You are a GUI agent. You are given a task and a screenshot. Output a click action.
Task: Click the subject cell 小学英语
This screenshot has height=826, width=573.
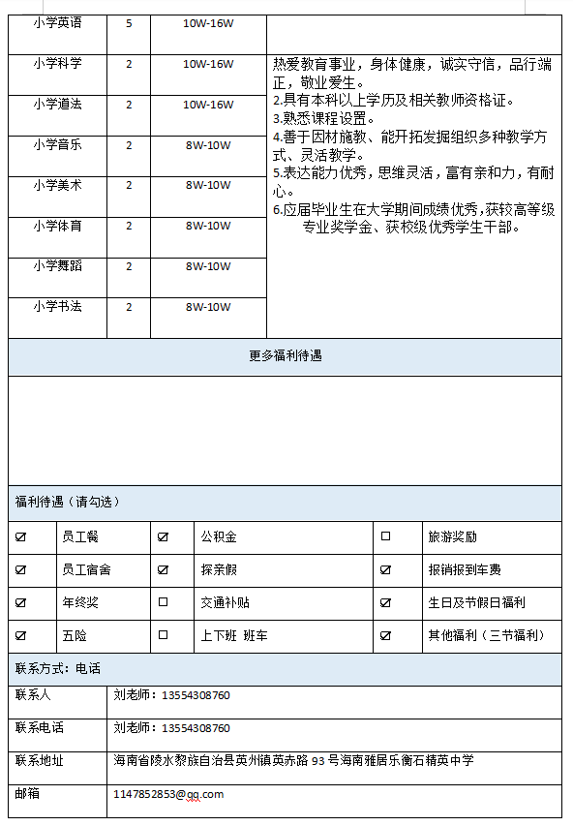point(57,22)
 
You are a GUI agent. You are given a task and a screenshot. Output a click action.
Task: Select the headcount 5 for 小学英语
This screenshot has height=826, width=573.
point(129,22)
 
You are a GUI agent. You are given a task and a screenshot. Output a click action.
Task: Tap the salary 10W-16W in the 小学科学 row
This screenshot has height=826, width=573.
point(208,64)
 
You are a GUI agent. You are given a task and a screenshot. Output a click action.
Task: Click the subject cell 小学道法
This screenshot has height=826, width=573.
point(57,105)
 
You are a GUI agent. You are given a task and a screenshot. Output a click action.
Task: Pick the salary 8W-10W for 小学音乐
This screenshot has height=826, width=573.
point(208,145)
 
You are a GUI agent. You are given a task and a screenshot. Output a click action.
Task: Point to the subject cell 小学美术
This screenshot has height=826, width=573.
point(57,185)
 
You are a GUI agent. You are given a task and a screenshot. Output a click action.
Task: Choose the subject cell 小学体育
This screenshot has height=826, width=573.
point(57,226)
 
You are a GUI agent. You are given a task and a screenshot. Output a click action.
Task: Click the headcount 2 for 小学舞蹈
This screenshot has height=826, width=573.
point(129,266)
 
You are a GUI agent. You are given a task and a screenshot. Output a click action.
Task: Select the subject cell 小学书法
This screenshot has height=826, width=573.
point(57,307)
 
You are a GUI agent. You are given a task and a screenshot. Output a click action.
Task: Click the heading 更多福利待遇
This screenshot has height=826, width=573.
point(285,356)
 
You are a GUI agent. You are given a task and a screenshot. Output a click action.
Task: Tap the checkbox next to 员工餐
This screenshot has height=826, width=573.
point(21,536)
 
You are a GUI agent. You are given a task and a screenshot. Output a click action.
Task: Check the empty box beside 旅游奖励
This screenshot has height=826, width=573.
point(385,536)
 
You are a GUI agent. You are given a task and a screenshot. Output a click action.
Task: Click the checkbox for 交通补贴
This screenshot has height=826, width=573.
point(163,602)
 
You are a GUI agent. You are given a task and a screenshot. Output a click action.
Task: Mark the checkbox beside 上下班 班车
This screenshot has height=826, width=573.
point(163,635)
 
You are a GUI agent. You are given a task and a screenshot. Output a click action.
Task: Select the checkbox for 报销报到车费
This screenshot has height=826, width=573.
point(385,570)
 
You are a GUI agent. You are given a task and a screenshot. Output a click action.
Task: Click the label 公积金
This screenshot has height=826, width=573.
point(218,536)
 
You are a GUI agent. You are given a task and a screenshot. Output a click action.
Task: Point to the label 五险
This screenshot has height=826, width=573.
point(74,635)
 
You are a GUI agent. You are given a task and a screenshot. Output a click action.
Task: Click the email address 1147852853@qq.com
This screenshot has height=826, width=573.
point(168,794)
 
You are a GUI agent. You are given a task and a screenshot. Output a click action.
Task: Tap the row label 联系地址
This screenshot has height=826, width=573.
point(40,761)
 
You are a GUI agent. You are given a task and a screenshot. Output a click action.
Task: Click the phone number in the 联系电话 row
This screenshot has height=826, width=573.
point(172,728)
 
